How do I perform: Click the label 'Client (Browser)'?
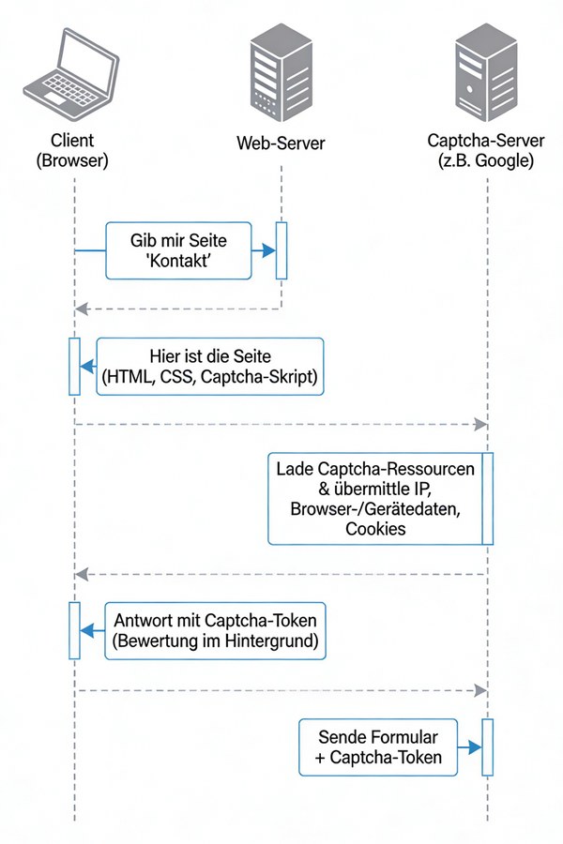[x=73, y=151]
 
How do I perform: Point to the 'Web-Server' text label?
[x=281, y=143]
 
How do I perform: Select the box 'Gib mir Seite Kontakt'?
[x=178, y=250]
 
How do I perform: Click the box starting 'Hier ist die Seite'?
[x=209, y=367]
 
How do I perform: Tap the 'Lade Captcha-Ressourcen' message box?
[x=375, y=499]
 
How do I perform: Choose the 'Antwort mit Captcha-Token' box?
[x=217, y=631]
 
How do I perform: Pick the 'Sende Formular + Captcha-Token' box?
[x=378, y=746]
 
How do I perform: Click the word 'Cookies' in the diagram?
[x=375, y=529]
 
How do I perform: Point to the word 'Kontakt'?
[x=178, y=263]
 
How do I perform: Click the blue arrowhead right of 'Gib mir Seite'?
[x=268, y=250]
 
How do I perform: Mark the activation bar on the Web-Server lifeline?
[x=281, y=250]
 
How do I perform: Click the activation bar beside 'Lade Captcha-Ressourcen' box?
[x=487, y=499]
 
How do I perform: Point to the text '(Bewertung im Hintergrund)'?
[x=217, y=642]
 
